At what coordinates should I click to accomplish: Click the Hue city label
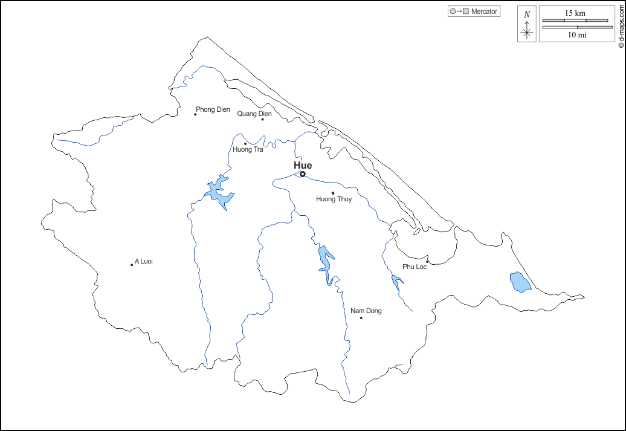click(x=303, y=165)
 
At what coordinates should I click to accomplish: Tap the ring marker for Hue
click(x=303, y=174)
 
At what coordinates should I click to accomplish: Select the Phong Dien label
click(x=213, y=109)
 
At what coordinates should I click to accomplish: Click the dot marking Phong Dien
click(x=195, y=114)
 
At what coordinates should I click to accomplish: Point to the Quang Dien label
click(x=254, y=113)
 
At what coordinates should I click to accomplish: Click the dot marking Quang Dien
click(x=262, y=119)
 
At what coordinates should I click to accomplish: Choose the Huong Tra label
click(x=248, y=149)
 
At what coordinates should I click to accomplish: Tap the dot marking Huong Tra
click(x=245, y=144)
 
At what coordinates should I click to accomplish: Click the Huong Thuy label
click(x=334, y=199)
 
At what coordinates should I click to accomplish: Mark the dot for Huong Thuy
click(x=333, y=193)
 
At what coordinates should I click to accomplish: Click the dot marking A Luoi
click(x=132, y=265)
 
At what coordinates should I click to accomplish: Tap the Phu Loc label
click(x=415, y=267)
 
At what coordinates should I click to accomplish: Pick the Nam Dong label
click(x=366, y=311)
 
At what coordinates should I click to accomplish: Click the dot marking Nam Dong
click(x=361, y=318)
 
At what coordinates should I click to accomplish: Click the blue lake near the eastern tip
click(x=519, y=282)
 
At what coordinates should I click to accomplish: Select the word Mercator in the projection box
click(x=485, y=11)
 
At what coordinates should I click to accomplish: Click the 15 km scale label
click(x=575, y=13)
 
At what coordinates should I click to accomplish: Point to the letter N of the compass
click(x=527, y=15)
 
